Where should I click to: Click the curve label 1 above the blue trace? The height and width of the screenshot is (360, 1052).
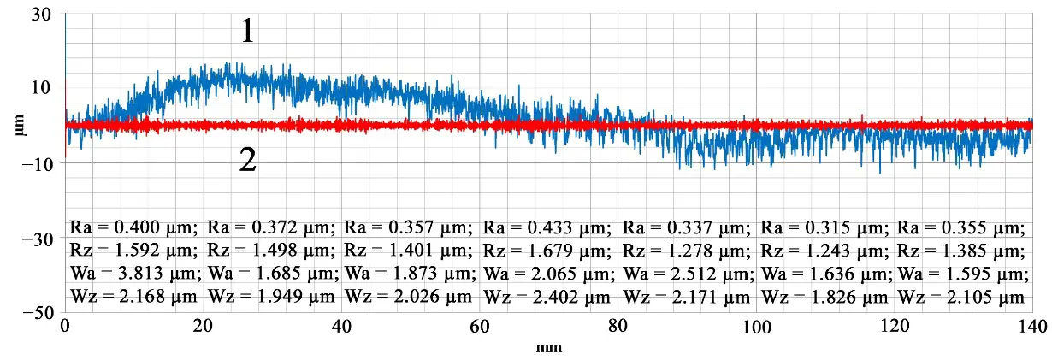coord(246,32)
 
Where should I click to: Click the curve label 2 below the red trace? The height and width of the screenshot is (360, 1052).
coord(247,160)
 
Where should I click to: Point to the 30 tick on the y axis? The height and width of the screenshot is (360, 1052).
coord(40,15)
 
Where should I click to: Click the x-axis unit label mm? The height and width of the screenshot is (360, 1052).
coord(547,348)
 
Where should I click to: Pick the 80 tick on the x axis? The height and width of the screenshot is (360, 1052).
coord(618,328)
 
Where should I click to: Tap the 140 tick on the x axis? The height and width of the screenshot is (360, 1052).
coord(1031,328)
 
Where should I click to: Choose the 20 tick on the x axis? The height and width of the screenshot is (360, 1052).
coord(203,328)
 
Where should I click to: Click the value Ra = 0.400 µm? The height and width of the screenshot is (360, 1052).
coord(133,228)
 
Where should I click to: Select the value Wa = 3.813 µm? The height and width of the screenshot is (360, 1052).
coord(134,274)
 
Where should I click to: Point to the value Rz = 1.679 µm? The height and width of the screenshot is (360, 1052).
coord(547,251)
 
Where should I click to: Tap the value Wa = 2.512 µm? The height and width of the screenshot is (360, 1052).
coord(687,274)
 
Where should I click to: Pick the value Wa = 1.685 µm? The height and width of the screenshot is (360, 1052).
coord(272,274)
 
